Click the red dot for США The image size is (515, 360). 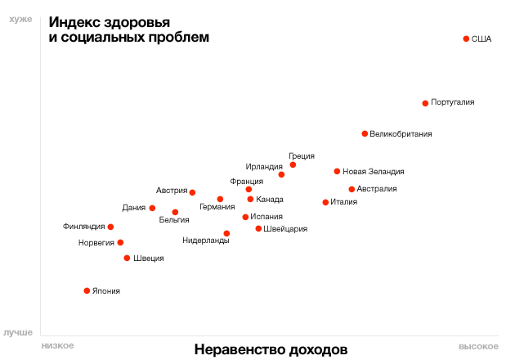(x=466, y=38)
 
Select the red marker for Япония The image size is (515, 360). (x=87, y=290)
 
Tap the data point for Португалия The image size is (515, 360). (x=425, y=103)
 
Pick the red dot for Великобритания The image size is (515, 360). (x=365, y=133)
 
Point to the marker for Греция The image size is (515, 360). (x=293, y=165)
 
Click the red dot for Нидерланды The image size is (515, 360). (x=226, y=233)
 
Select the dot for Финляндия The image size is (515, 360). (x=110, y=227)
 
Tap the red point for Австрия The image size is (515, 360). (x=192, y=192)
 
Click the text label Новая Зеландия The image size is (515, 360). (x=373, y=172)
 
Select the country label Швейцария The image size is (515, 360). (x=286, y=229)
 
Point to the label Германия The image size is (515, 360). (x=217, y=208)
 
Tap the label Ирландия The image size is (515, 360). (x=264, y=167)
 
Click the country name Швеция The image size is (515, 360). (x=148, y=259)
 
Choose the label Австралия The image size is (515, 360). (x=377, y=189)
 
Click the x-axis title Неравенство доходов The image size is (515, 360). (x=271, y=349)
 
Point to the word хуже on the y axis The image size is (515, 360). (x=21, y=20)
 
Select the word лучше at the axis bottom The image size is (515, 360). (x=19, y=333)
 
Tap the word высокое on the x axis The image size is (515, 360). (x=478, y=346)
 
